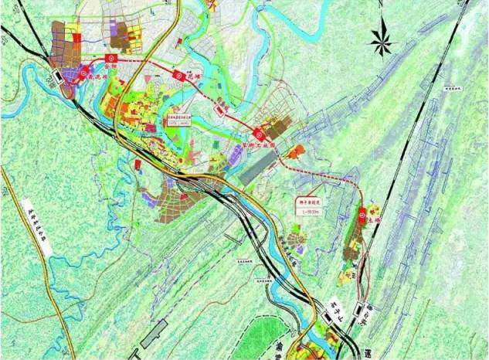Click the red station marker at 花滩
[x=177, y=76]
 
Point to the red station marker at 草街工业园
[x=259, y=132]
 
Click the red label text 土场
[x=374, y=220]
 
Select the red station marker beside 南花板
[x=83, y=73]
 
